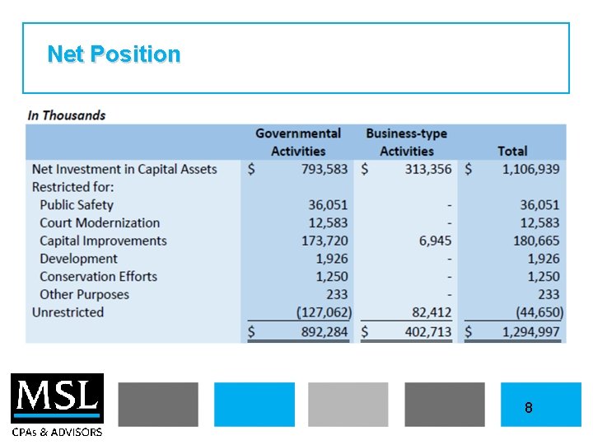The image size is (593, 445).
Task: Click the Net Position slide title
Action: [x=114, y=54]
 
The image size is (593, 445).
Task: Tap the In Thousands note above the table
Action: [x=67, y=115]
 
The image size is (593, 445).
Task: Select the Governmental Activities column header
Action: [x=297, y=142]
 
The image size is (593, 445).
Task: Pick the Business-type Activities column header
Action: [x=406, y=142]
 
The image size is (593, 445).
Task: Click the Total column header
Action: [x=512, y=151]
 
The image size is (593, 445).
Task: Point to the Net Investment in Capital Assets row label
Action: [x=124, y=169]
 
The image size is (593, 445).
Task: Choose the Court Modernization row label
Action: [x=100, y=222]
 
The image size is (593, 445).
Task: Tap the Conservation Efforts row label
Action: [x=98, y=276]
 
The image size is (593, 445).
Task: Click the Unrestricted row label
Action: [x=68, y=312]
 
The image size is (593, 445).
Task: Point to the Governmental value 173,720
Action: [x=325, y=241]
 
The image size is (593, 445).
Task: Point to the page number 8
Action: [x=528, y=407]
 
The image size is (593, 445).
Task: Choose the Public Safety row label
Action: [x=77, y=204]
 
